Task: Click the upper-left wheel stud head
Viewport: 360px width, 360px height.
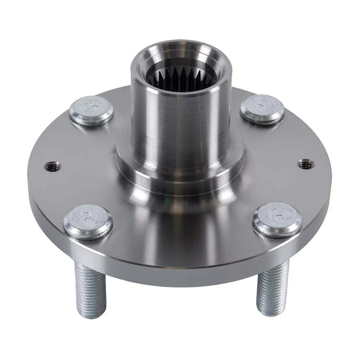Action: click(x=91, y=110)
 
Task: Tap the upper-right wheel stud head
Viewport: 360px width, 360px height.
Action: click(x=262, y=109)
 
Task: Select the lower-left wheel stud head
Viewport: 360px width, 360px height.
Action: click(x=88, y=221)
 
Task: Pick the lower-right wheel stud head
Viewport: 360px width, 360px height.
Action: click(x=277, y=219)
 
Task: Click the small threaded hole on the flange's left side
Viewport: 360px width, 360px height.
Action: click(x=52, y=167)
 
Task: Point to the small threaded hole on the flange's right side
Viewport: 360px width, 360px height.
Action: click(x=306, y=164)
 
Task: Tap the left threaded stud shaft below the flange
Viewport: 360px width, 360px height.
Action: click(x=91, y=288)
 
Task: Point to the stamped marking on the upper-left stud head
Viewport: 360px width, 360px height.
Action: click(x=93, y=106)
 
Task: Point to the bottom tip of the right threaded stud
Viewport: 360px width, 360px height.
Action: click(x=271, y=312)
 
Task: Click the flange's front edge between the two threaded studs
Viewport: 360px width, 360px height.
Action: click(x=180, y=265)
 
